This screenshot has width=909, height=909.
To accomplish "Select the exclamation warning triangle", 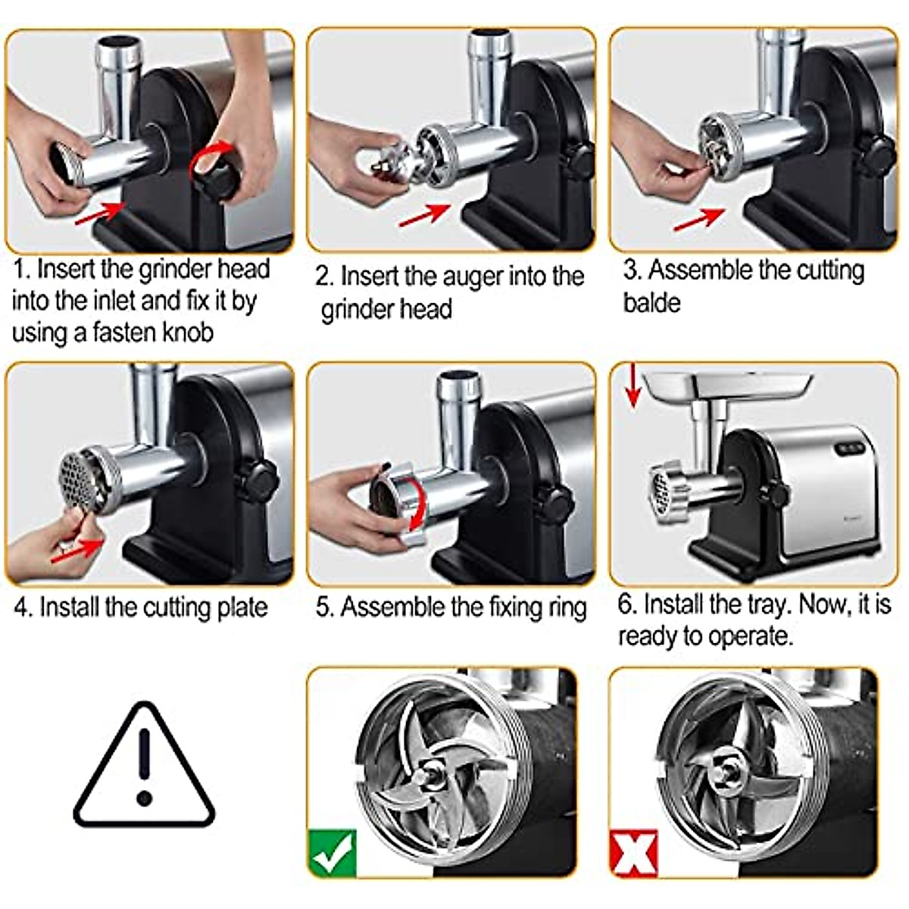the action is point(145,769).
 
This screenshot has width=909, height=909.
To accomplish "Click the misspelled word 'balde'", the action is point(652,302).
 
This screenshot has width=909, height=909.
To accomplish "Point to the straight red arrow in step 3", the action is point(700,220).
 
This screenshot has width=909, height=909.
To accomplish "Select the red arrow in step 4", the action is point(78,551).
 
